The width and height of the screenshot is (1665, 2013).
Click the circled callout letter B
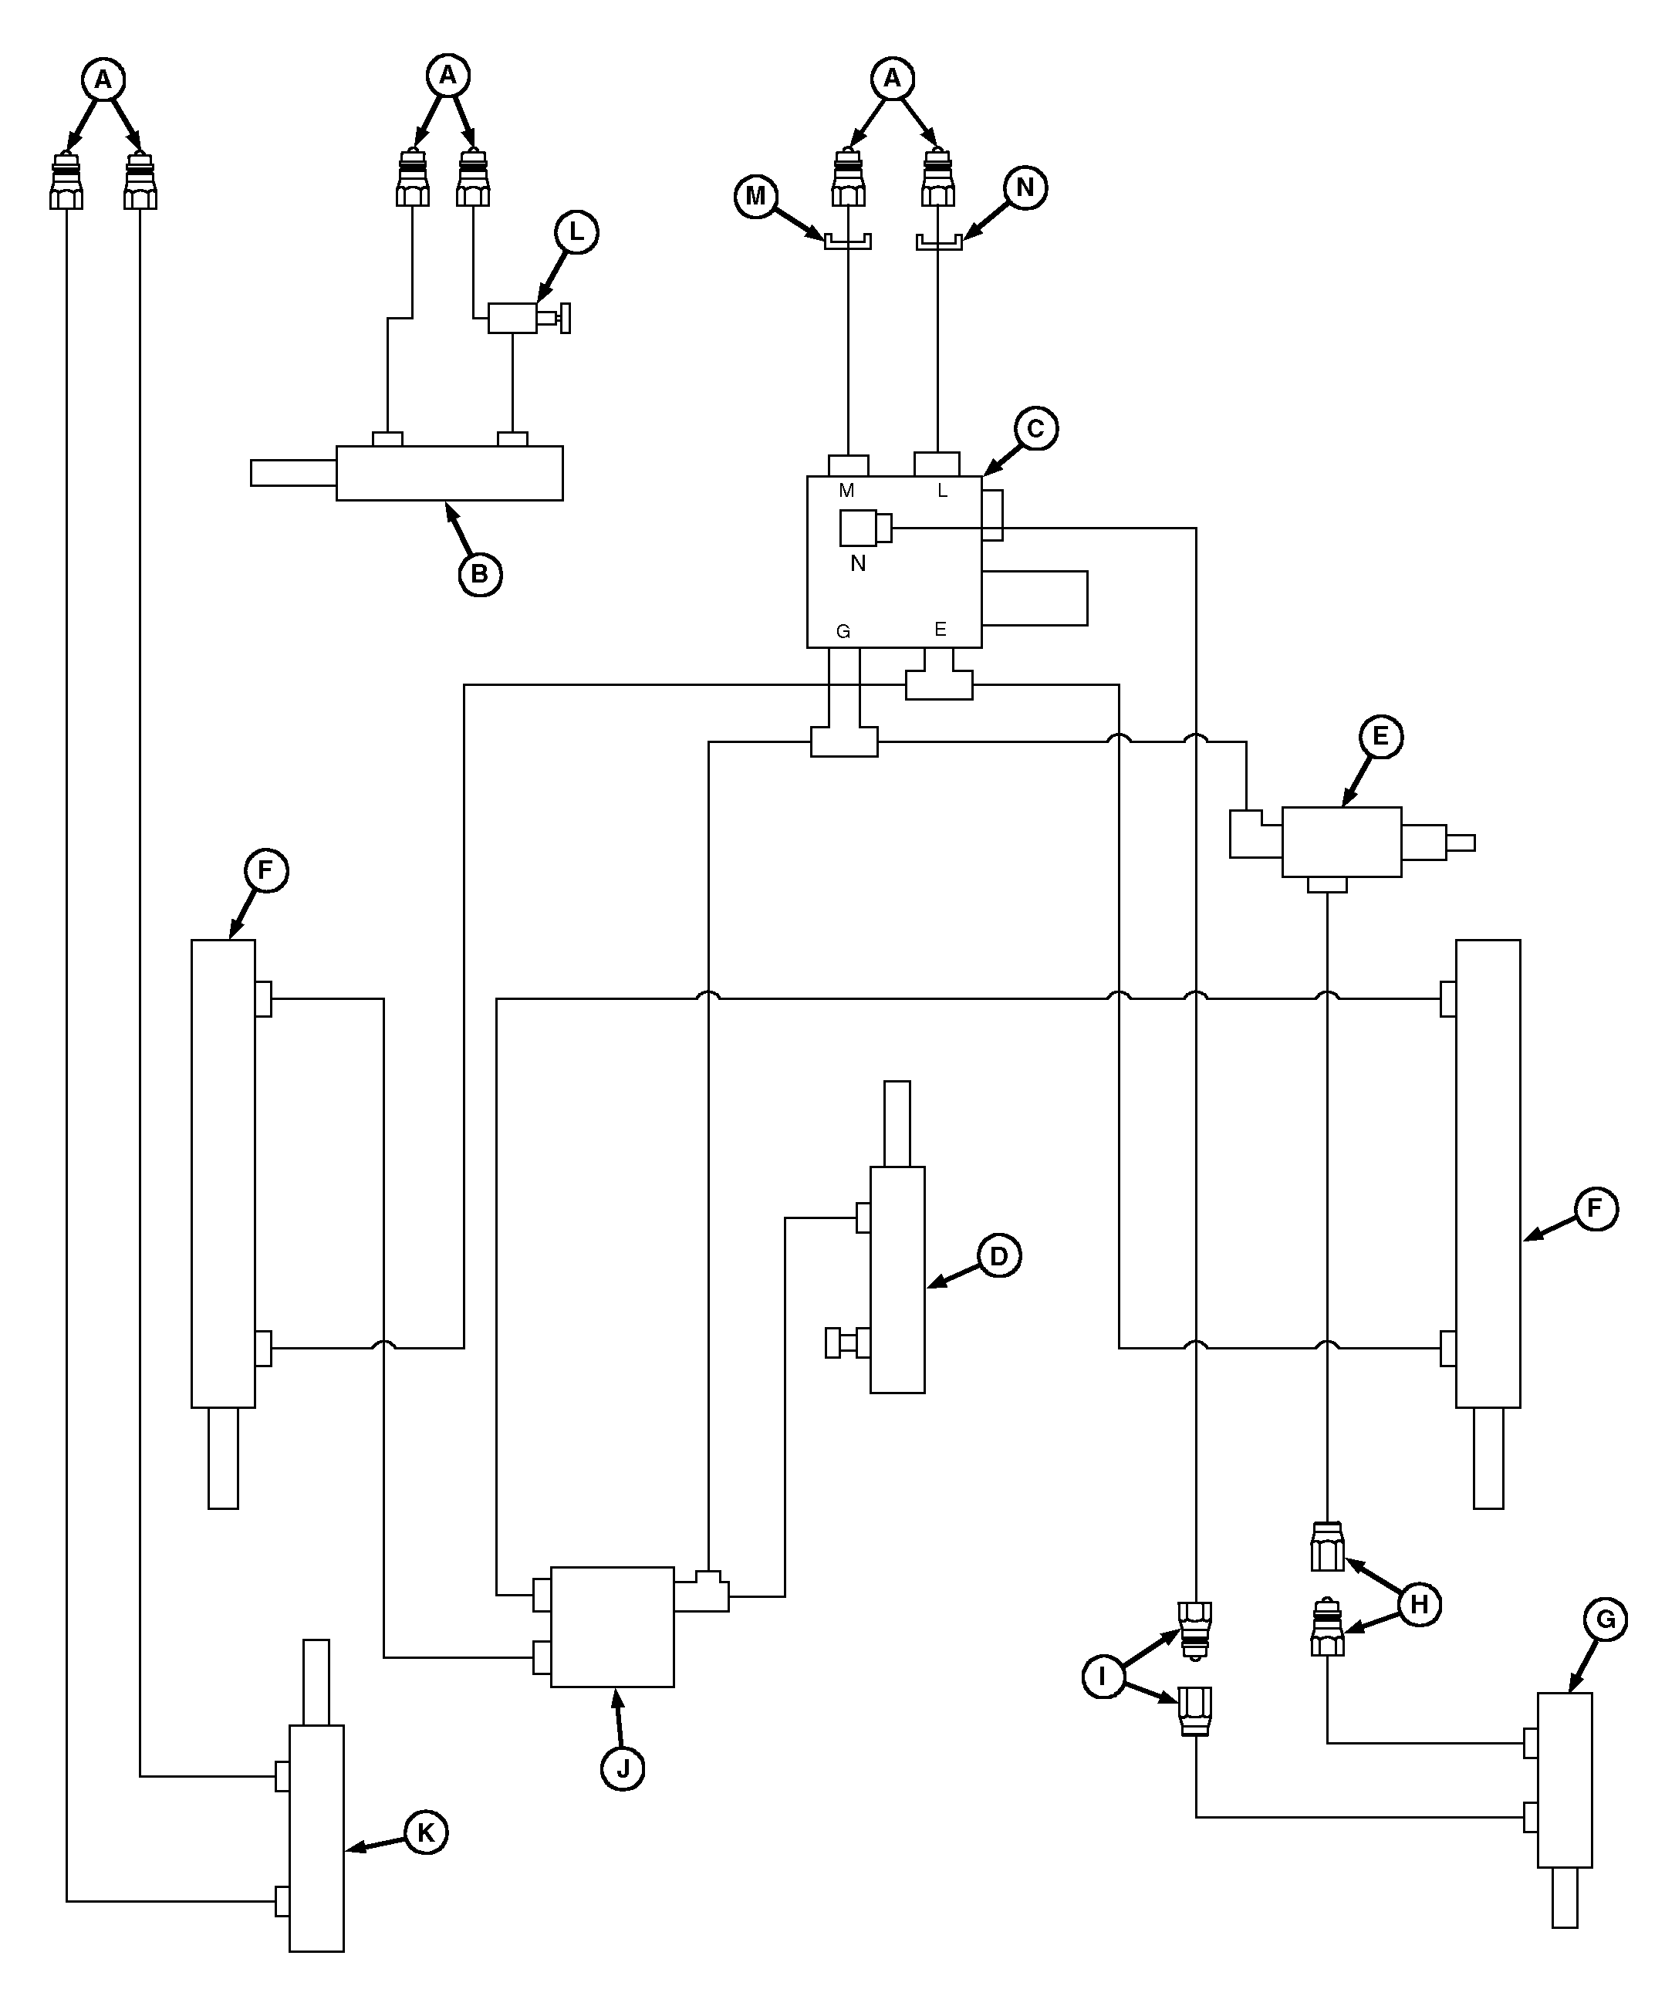(x=480, y=574)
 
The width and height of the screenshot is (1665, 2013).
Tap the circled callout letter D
(x=999, y=1256)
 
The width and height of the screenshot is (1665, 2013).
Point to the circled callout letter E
(x=1380, y=735)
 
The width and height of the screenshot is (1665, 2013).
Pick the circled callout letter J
(x=623, y=1768)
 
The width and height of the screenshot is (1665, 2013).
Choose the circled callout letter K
(x=427, y=1832)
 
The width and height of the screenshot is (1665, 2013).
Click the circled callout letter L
(x=576, y=232)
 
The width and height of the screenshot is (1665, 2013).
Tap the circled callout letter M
(x=756, y=195)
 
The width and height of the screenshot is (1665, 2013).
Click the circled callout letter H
(x=1420, y=1604)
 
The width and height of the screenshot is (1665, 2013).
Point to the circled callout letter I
(x=1103, y=1676)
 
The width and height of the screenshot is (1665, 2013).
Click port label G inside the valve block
(x=843, y=632)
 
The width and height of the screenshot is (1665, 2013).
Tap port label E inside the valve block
(x=941, y=630)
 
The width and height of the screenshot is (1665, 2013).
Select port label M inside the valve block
(x=846, y=491)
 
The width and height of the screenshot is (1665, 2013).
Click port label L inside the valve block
(x=942, y=491)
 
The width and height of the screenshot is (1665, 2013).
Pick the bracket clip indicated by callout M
(x=847, y=241)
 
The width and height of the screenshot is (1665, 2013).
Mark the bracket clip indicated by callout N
(x=938, y=241)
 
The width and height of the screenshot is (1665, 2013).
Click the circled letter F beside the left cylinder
(x=265, y=870)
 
